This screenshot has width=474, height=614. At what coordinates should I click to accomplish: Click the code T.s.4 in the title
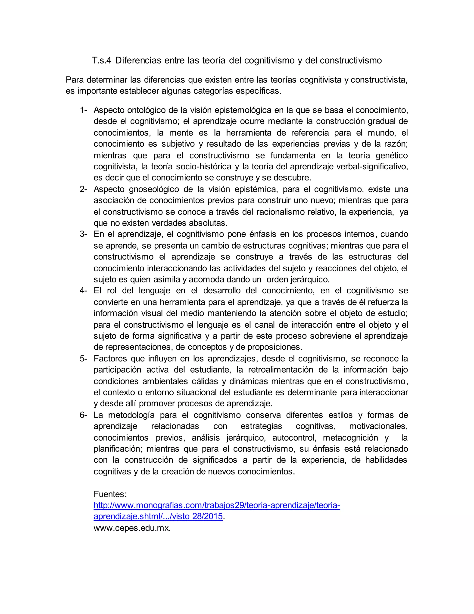pos(102,60)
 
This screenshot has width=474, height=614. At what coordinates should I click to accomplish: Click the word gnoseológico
pos(154,189)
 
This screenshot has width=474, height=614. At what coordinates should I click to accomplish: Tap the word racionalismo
pos(281,212)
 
